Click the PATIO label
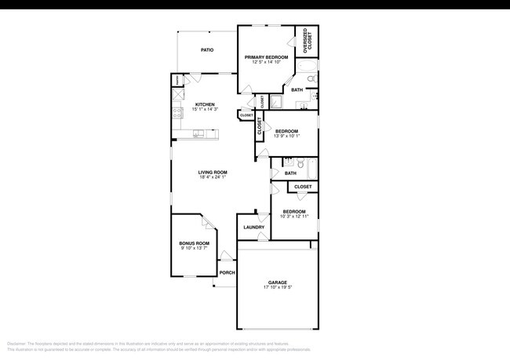[x=207, y=50]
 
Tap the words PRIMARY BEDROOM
[x=266, y=57]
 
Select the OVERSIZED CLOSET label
[x=306, y=41]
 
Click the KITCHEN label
[x=205, y=104]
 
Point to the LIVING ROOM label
[x=213, y=173]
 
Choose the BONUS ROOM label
[x=195, y=243]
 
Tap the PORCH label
[x=228, y=272]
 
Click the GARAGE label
[x=278, y=283]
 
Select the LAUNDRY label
[x=253, y=228]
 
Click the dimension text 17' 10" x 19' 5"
[x=278, y=288]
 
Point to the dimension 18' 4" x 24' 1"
[x=213, y=177]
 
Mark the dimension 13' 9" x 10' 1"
[x=286, y=136]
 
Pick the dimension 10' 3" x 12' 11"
[x=294, y=216]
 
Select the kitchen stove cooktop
[x=177, y=115]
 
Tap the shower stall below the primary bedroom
[x=278, y=102]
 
